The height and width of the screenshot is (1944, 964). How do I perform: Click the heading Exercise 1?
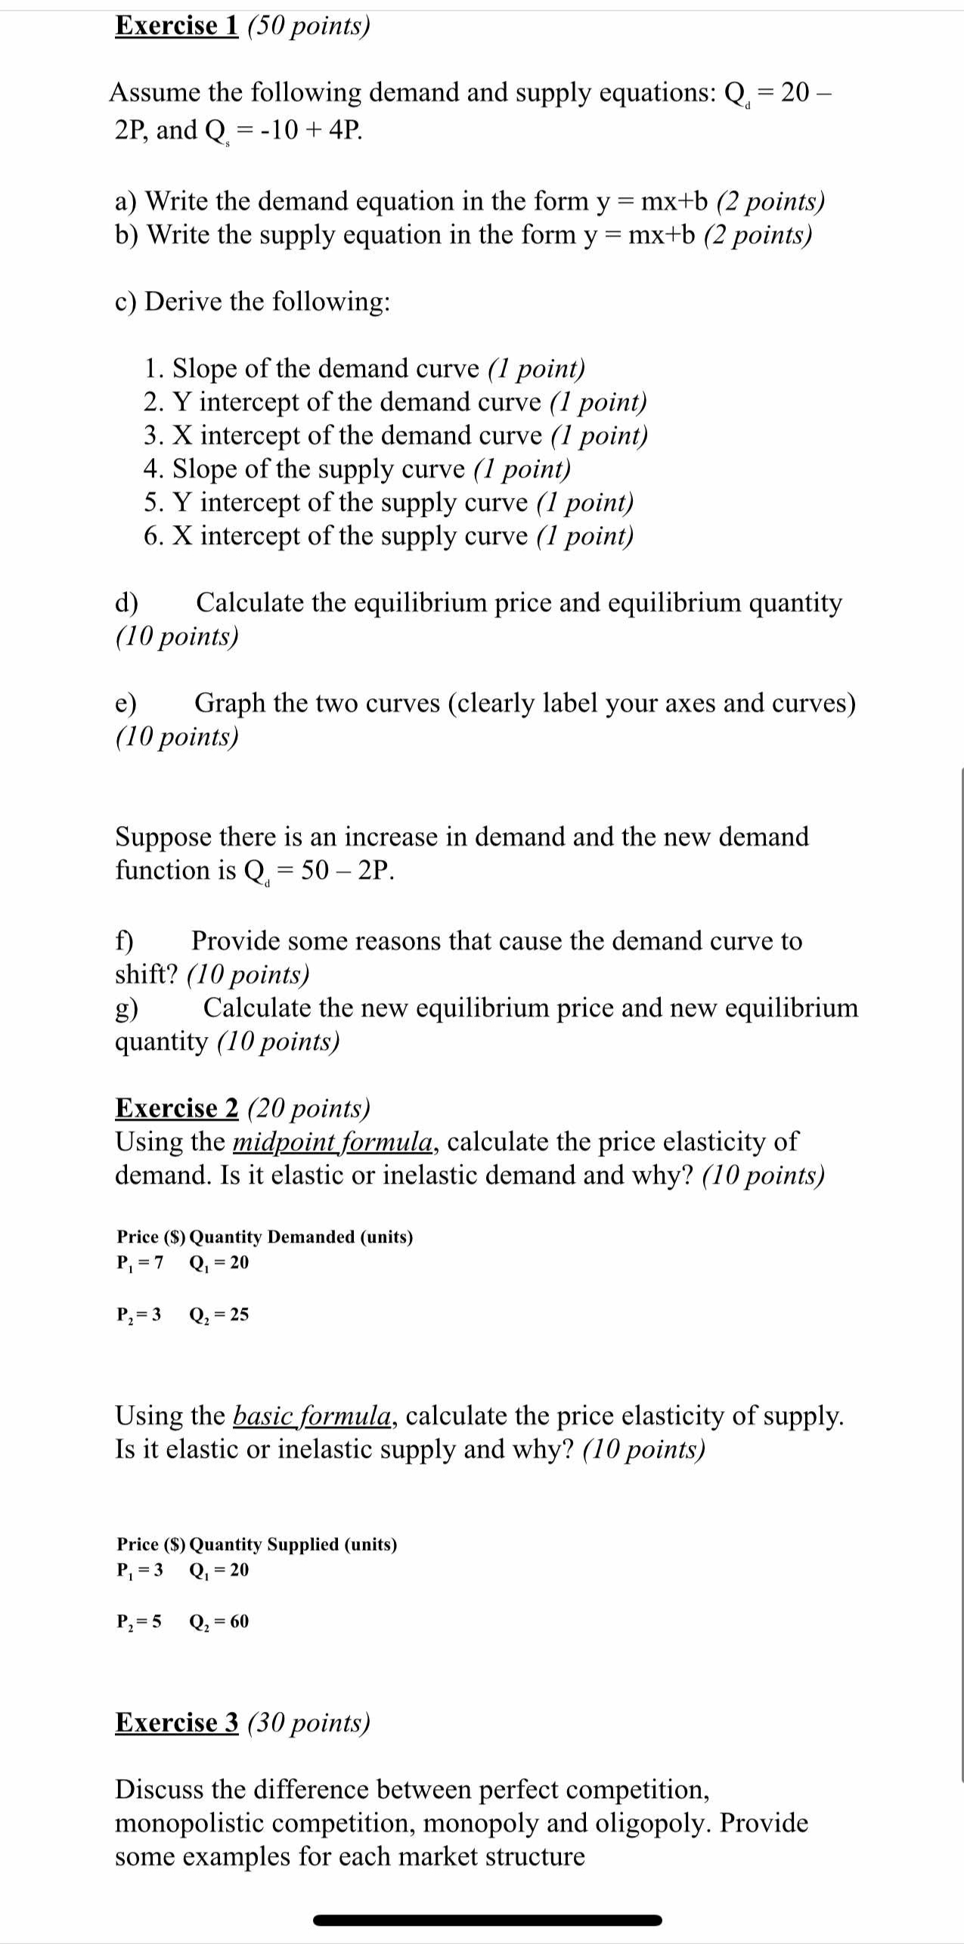176,26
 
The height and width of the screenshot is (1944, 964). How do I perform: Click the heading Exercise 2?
176,1108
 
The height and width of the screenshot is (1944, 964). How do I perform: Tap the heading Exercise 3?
176,1723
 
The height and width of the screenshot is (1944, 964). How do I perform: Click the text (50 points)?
308,26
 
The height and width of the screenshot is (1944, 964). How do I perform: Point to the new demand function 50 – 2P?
347,871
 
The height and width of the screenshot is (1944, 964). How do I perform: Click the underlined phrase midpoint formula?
333,1141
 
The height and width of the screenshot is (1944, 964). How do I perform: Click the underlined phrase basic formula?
312,1416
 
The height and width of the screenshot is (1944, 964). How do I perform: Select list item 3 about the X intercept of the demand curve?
395,435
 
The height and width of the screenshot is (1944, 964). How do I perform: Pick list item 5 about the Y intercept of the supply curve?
388,503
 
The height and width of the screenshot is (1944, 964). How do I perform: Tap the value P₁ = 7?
140,1263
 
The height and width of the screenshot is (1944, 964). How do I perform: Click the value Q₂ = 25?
219,1315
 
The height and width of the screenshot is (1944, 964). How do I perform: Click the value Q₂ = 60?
219,1622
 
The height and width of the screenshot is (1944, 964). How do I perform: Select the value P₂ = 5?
139,1622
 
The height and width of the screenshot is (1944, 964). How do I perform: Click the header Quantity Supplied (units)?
293,1544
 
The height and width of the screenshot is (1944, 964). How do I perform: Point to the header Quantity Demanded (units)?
301,1237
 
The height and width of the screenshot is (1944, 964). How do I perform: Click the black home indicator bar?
487,1920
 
